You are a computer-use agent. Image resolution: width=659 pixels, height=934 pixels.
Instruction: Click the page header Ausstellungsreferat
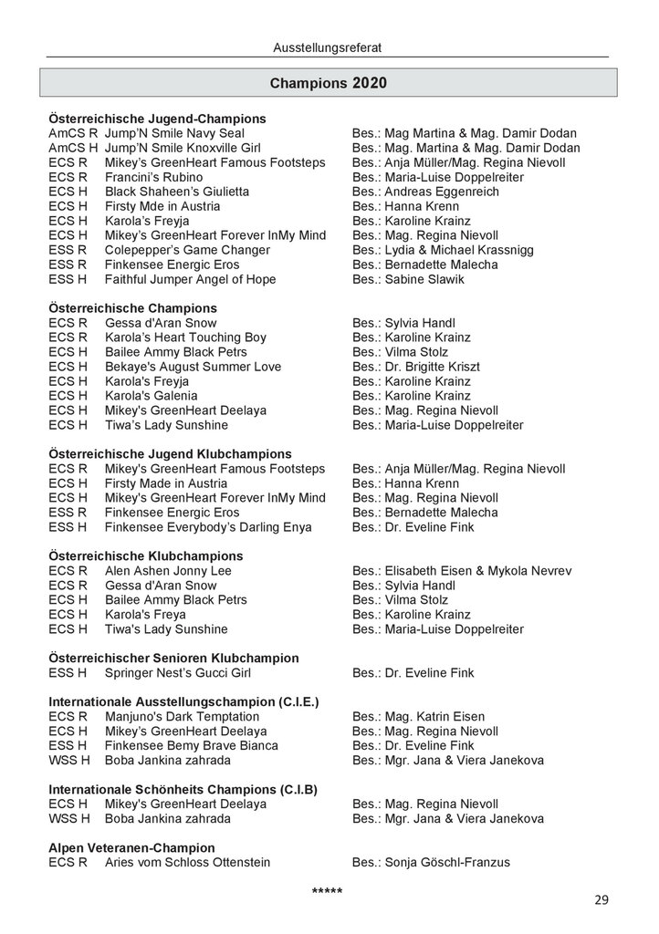[x=329, y=46]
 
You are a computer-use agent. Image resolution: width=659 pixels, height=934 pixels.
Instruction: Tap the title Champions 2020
[x=329, y=83]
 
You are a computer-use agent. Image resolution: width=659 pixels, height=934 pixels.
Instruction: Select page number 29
[x=601, y=900]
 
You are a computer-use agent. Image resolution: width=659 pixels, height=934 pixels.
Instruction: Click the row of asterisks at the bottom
[x=327, y=889]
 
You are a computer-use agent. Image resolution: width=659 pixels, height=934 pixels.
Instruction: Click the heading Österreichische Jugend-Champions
[x=157, y=119]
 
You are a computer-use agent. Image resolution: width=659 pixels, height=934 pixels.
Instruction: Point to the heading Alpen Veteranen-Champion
[x=131, y=847]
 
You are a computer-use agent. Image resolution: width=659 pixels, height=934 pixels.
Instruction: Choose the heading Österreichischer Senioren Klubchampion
[x=173, y=658]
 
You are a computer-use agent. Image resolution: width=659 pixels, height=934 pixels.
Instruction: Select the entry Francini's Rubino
[x=153, y=177]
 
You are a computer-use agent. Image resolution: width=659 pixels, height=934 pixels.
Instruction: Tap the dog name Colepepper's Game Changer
[x=187, y=250]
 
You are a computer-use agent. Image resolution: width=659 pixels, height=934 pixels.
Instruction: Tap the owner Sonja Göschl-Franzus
[x=447, y=862]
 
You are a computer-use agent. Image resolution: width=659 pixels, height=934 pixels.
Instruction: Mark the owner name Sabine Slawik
[x=424, y=279]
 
